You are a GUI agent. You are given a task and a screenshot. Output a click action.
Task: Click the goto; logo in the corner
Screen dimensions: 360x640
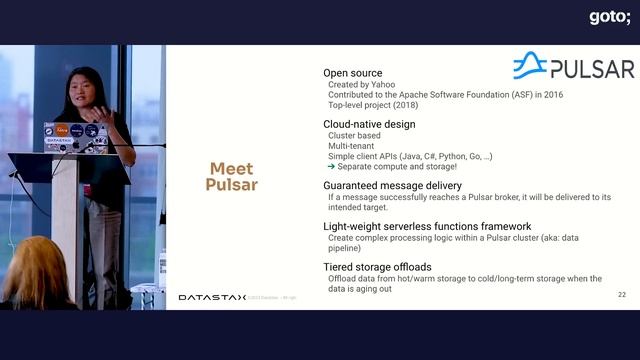pos(608,17)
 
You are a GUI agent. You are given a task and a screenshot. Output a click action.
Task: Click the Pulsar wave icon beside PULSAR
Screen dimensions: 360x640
pos(529,66)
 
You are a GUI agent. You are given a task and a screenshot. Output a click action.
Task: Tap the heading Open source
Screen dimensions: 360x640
pos(353,73)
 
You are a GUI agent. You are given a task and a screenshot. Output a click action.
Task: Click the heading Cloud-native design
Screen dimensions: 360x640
pos(369,124)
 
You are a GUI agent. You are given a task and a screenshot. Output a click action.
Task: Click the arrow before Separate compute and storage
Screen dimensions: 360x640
pos(330,167)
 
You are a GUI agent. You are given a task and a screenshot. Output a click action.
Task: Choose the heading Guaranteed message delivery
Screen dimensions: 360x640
pos(392,185)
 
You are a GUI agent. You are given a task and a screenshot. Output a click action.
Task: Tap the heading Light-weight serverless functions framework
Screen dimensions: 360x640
pos(427,226)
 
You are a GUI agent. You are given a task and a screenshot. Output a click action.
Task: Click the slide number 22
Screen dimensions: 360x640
pos(621,295)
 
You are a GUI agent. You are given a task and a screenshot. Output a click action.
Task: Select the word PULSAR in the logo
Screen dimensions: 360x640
pos(593,68)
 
